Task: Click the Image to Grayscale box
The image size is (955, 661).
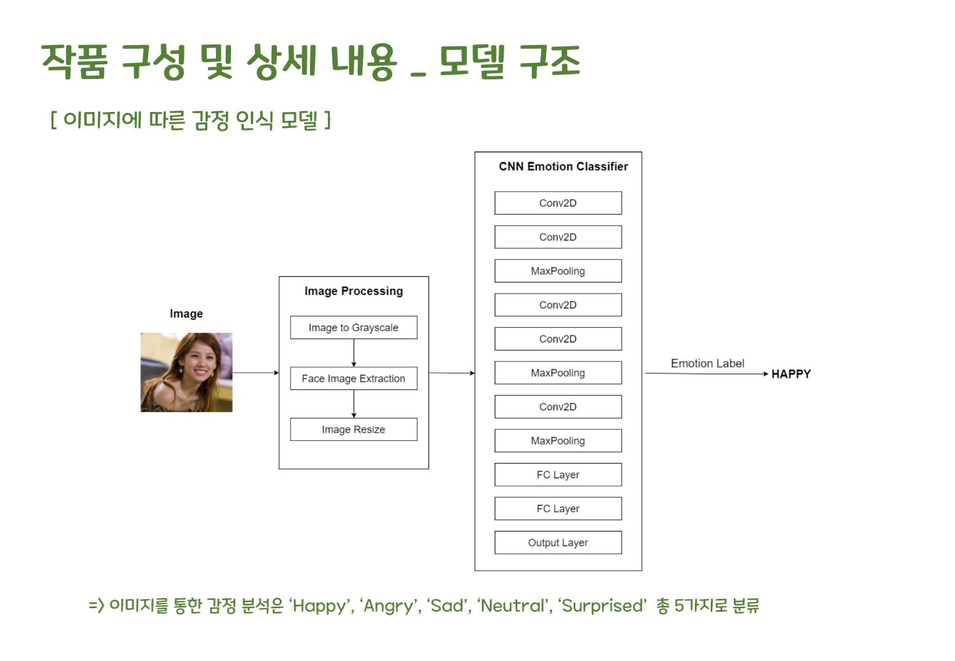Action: click(354, 327)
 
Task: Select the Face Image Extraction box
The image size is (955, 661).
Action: click(354, 378)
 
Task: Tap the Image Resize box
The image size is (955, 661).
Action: click(354, 429)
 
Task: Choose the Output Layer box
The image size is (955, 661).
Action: click(558, 543)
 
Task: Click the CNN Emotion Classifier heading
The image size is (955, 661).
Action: click(563, 167)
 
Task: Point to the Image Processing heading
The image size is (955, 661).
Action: click(354, 291)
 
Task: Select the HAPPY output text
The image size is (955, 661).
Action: click(791, 374)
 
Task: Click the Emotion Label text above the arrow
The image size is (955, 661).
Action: click(707, 363)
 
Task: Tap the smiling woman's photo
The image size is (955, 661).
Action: click(186, 372)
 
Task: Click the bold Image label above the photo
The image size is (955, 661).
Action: click(186, 313)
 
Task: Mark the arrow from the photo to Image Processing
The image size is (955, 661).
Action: click(255, 373)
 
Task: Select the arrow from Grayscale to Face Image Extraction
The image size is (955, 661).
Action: click(354, 353)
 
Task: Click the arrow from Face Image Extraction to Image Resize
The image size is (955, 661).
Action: click(354, 404)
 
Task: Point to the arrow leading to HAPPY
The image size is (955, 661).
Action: click(706, 374)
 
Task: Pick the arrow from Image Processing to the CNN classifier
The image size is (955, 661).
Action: click(452, 373)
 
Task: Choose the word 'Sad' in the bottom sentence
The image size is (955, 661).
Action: click(448, 606)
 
